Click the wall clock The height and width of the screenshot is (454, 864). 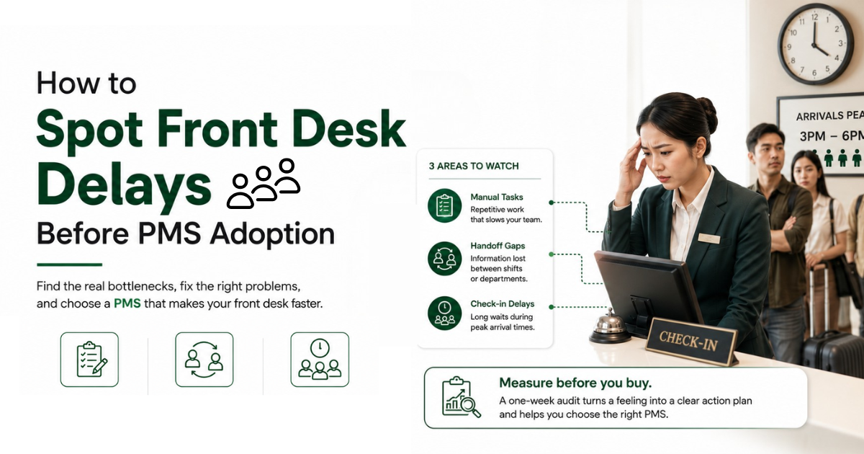pos(815,44)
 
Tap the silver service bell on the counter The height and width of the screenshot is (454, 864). pos(609,326)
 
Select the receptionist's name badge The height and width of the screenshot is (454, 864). pos(709,239)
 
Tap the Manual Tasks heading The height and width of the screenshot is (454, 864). pos(496,197)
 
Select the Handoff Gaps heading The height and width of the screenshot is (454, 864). pos(498,246)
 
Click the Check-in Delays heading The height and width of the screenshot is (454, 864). pos(503,304)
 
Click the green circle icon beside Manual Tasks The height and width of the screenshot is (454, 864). pos(444,205)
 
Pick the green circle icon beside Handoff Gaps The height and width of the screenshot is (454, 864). pos(444,258)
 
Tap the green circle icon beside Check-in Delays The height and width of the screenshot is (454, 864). pos(444,313)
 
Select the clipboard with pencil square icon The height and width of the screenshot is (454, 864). pos(89,360)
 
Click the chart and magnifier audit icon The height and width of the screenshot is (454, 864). pos(461,397)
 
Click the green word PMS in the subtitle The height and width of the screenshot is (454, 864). pos(127,303)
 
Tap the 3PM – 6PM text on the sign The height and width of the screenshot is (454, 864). pos(832,136)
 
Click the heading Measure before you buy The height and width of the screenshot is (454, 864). pos(575,383)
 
